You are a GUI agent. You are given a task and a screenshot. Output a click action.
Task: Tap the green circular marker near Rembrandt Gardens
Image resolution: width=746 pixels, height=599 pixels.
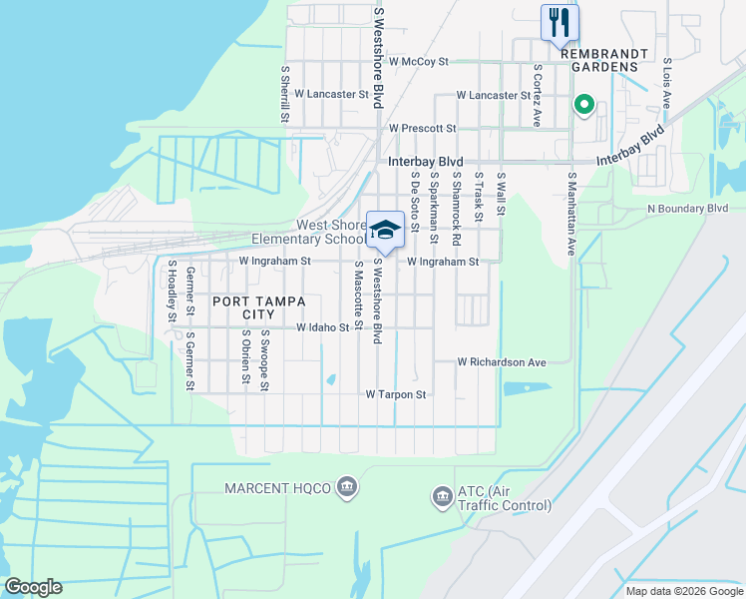click(x=583, y=104)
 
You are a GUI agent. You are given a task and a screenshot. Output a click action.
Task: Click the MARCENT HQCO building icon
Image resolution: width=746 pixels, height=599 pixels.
click(x=346, y=486)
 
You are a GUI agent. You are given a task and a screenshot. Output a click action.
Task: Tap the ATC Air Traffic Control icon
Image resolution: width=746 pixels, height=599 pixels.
click(x=441, y=496)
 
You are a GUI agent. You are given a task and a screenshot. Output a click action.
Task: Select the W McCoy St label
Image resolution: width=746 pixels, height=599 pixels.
click(x=419, y=61)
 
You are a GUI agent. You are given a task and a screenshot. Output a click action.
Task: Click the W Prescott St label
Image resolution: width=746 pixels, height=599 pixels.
click(x=423, y=128)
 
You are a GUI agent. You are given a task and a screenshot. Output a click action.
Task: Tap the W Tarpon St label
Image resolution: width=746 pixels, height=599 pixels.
click(x=396, y=394)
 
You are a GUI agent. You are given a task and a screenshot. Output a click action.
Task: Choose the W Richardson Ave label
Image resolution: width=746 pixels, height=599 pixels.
click(x=503, y=362)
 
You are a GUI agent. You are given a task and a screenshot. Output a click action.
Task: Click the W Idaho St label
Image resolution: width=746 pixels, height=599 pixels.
click(x=323, y=327)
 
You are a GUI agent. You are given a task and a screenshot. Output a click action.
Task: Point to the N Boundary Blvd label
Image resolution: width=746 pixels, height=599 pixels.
click(x=688, y=208)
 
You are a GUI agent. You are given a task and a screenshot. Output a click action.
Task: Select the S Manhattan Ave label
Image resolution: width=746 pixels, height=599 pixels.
click(x=572, y=215)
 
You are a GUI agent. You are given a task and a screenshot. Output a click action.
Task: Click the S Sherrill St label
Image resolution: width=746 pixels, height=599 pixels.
click(x=285, y=94)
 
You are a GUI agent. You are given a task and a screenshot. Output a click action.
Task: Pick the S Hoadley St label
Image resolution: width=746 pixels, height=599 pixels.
click(x=173, y=292)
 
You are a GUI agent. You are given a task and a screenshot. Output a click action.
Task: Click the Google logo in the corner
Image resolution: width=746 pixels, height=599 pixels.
click(x=33, y=587)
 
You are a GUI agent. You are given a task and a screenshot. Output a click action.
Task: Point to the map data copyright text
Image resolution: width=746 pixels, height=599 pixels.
click(x=684, y=591)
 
